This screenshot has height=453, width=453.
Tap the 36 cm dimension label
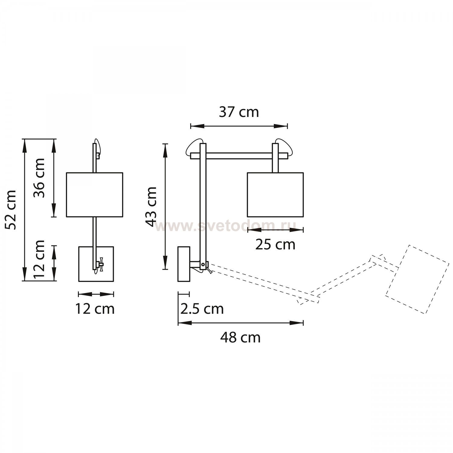pos(39,178)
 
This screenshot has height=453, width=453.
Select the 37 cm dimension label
pos(239,112)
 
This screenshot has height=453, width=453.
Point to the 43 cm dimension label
pos(151,206)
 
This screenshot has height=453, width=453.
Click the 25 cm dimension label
pos(275,245)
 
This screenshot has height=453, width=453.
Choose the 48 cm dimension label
pos(240,337)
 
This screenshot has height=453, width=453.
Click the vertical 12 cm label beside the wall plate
pos(39,259)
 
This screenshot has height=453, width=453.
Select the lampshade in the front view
pos(95,195)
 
